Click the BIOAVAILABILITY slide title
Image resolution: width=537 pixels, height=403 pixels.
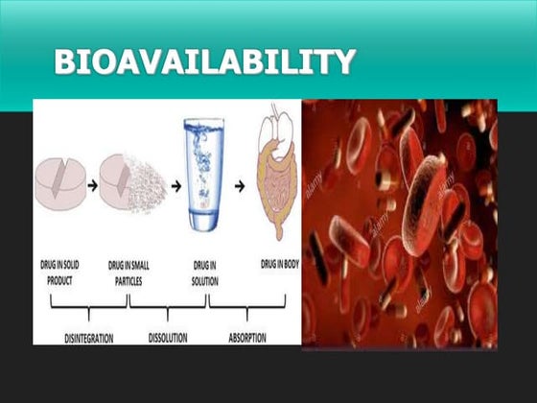(205, 62)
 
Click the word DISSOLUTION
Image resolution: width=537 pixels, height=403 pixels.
(168, 338)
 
